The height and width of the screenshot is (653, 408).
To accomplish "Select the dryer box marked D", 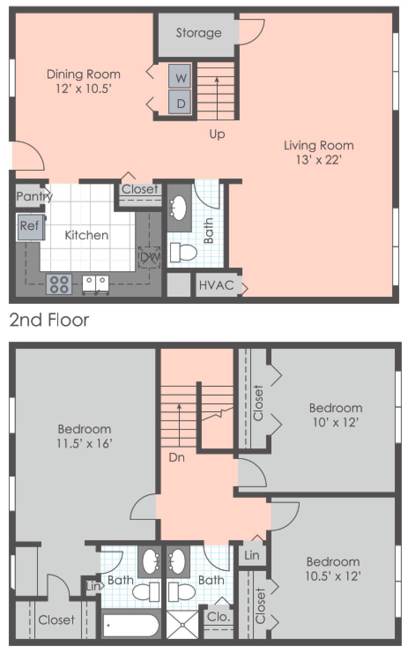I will [180, 102].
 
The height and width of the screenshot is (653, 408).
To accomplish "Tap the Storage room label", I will [198, 33].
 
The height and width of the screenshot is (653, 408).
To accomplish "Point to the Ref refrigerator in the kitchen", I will [30, 227].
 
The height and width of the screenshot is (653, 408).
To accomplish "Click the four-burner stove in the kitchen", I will [59, 284].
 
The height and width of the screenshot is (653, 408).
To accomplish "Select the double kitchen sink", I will [96, 284].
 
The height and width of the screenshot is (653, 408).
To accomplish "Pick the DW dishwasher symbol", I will [149, 257].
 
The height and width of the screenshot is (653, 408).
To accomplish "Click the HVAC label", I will [216, 285].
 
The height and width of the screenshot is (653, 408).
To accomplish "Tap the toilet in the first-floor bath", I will [184, 252].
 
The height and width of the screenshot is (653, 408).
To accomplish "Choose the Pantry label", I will [34, 196].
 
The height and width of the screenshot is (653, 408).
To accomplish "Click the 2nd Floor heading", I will [49, 320].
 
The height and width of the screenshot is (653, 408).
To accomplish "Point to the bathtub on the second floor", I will [130, 625].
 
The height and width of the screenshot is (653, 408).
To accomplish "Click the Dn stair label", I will [176, 458].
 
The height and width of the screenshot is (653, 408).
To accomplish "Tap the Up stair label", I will [217, 134].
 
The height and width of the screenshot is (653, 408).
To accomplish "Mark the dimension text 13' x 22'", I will [318, 160].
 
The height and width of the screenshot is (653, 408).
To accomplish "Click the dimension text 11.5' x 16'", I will [84, 444].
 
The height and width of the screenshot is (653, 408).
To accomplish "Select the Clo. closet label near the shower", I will [219, 617].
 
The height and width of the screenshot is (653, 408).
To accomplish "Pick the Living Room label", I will [318, 146].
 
